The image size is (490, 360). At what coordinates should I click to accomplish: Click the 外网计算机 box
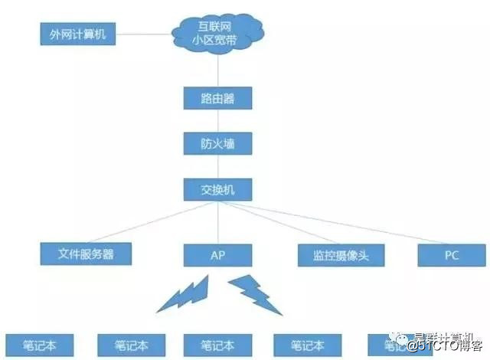tap(77, 34)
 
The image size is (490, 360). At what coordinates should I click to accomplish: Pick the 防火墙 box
tap(218, 142)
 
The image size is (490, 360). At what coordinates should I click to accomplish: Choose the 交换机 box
tap(218, 188)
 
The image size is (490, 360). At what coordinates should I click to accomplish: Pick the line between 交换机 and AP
tap(218, 222)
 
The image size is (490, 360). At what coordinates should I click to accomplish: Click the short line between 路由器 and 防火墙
tap(218, 121)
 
